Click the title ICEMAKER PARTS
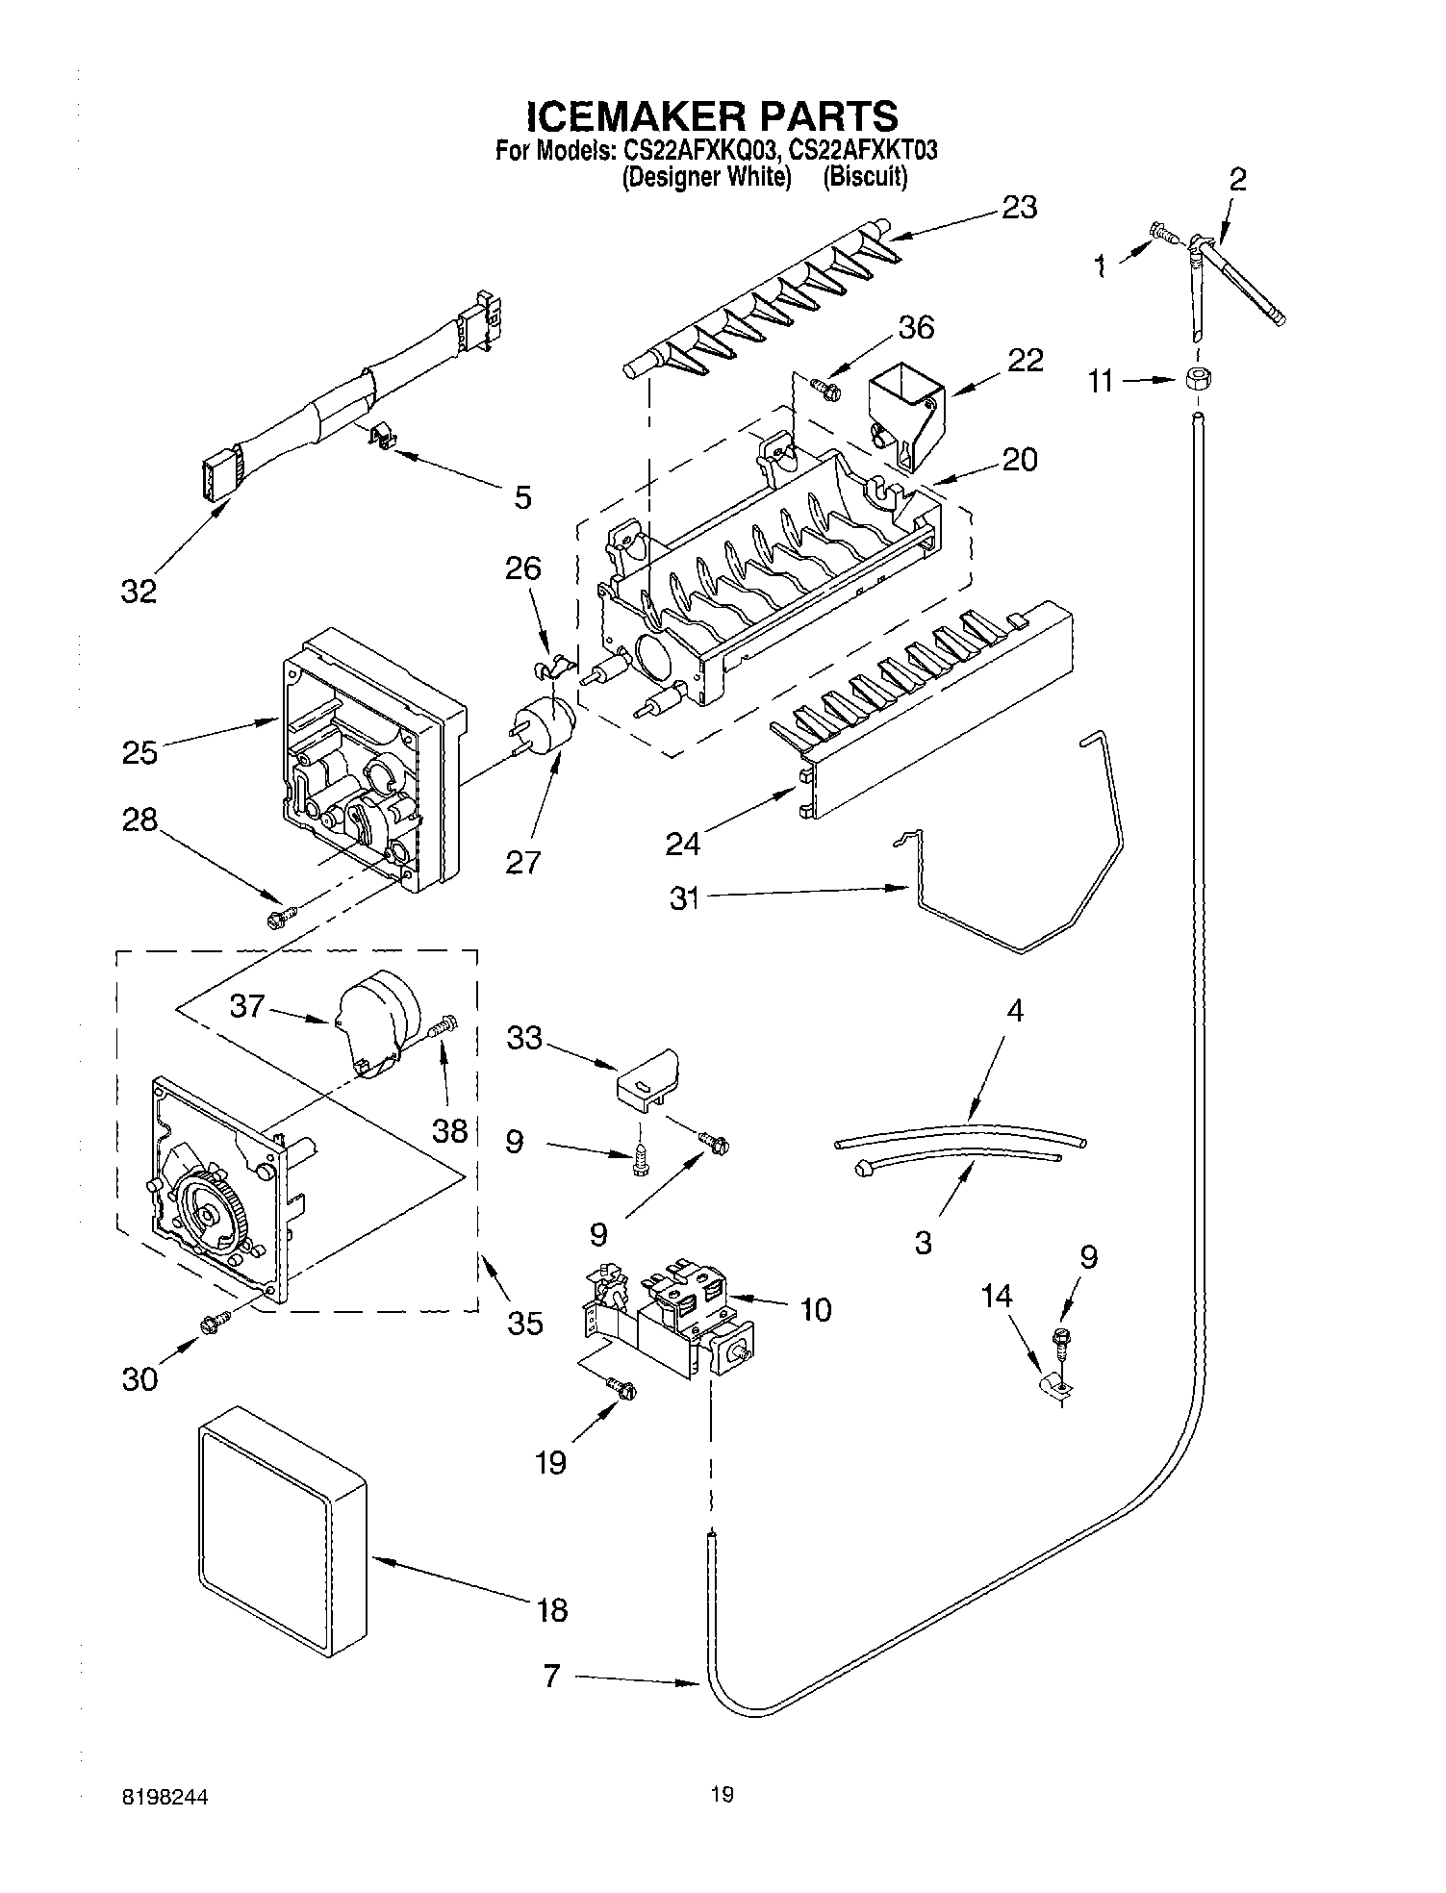[712, 115]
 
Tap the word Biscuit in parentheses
[865, 177]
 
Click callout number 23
[1019, 207]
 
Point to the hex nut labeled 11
[1195, 379]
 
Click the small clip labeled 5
[384, 440]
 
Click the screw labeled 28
[280, 920]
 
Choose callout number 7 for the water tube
[551, 1677]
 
